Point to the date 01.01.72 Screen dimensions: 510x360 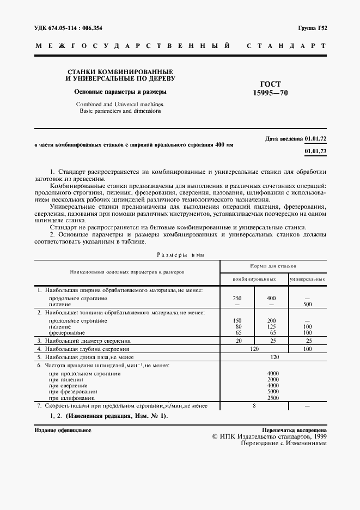point(316,139)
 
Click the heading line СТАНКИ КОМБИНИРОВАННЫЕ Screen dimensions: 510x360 point(120,71)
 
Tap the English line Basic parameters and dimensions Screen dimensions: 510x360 point(120,111)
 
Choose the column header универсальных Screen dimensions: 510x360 point(307,279)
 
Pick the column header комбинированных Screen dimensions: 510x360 point(254,279)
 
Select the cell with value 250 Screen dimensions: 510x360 point(237,299)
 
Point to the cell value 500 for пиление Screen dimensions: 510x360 point(308,305)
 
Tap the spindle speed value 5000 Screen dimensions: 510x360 point(273,391)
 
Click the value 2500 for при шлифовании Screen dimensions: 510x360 point(273,398)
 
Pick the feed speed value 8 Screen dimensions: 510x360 point(254,406)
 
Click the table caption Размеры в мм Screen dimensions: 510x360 point(180,254)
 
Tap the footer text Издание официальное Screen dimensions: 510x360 point(63,430)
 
